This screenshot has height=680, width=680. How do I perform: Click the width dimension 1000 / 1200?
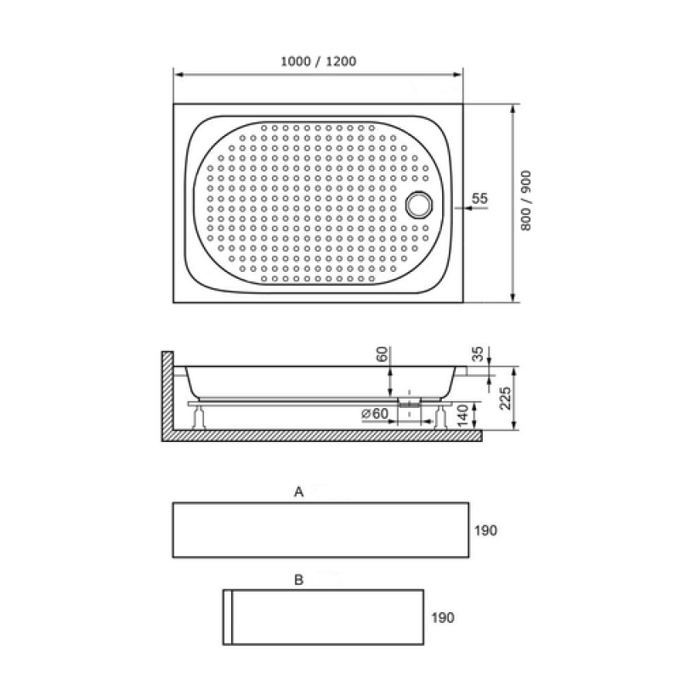pyautogui.click(x=318, y=61)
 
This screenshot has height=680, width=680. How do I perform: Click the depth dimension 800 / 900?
pyautogui.click(x=525, y=201)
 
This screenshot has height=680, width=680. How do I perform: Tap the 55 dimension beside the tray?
pyautogui.click(x=479, y=198)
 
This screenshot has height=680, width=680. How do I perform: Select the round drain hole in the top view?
pyautogui.click(x=419, y=204)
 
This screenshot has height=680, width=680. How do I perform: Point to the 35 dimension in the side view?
pyautogui.click(x=477, y=354)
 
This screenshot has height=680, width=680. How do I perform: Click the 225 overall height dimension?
pyautogui.click(x=505, y=398)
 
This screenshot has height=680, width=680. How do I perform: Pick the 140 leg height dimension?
pyautogui.click(x=463, y=416)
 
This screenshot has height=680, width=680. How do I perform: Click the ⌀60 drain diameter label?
pyautogui.click(x=375, y=414)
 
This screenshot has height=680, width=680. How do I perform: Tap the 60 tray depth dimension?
pyautogui.click(x=382, y=354)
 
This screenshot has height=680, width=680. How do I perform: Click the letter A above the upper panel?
pyautogui.click(x=299, y=492)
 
